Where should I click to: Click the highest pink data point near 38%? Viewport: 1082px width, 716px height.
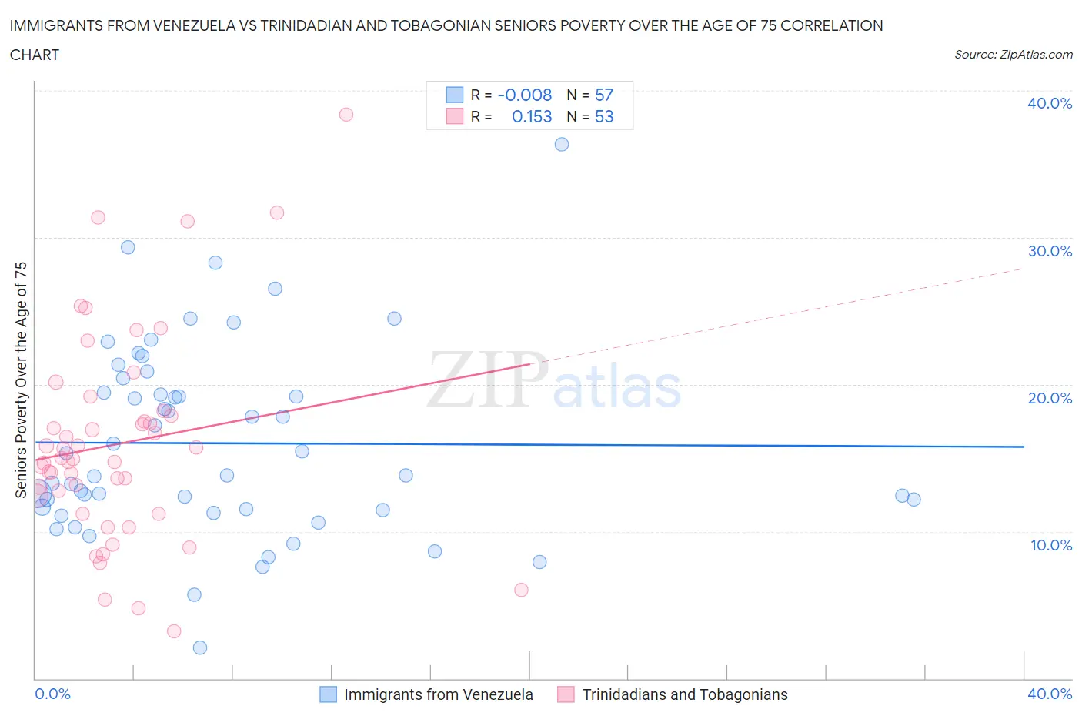(346, 115)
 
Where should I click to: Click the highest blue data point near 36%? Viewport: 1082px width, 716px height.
(562, 145)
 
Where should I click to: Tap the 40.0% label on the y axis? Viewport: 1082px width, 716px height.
(1050, 103)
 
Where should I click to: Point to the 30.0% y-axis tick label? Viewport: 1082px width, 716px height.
(1050, 251)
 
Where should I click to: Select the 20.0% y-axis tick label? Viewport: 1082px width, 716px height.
(1050, 398)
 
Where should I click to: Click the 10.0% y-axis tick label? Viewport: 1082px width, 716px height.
(1051, 545)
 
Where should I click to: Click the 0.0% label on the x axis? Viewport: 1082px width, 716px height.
(53, 694)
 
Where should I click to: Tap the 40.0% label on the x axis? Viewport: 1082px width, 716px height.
(1050, 694)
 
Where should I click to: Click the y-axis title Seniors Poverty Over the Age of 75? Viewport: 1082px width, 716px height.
(22, 380)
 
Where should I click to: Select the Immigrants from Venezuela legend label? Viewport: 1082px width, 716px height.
(438, 694)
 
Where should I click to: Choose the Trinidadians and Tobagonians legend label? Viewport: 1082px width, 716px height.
(685, 694)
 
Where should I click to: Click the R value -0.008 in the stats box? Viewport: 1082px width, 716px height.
(525, 95)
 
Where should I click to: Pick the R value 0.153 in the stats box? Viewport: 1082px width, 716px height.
(532, 116)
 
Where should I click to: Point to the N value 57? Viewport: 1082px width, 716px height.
(604, 95)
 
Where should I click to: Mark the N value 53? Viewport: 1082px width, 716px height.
(604, 116)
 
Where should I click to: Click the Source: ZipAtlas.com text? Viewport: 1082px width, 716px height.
(1013, 55)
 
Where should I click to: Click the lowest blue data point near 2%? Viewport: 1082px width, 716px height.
(200, 647)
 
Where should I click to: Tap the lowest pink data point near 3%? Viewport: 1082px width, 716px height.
(174, 631)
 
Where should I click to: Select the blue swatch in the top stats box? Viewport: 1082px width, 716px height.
(455, 95)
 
